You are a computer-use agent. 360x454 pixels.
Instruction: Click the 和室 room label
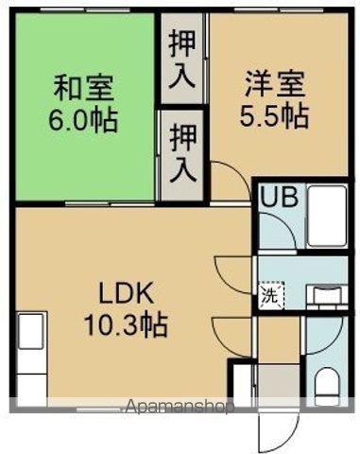[x=83, y=87]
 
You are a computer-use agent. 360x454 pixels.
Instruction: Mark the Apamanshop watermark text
[x=180, y=408]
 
